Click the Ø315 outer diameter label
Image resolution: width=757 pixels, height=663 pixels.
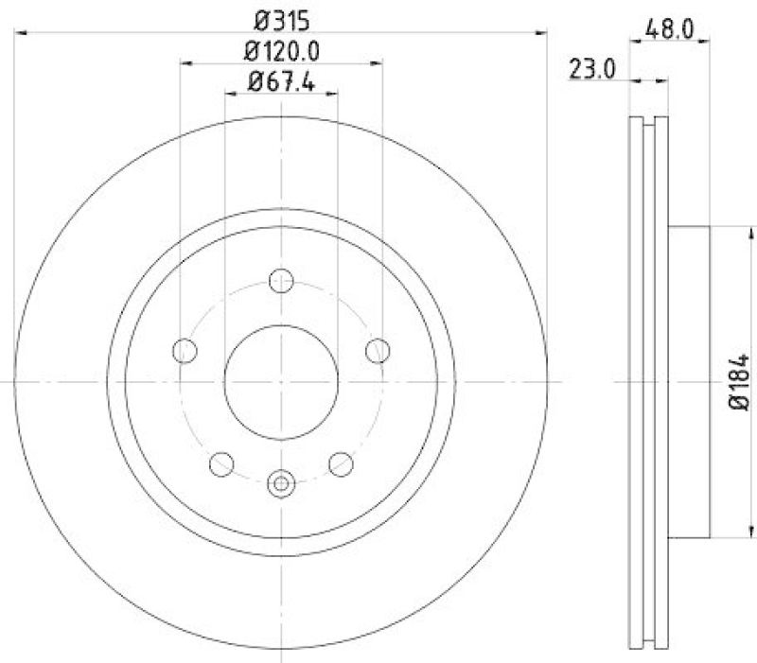281,18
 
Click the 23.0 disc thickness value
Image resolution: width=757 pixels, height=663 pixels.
593,68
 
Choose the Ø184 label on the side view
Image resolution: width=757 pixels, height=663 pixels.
740,381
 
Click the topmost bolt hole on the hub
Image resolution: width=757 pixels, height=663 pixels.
281,281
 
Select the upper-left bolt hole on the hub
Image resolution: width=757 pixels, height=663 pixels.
185,351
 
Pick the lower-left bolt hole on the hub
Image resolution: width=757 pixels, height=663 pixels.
221,463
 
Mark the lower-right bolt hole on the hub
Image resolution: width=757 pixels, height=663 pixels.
341,463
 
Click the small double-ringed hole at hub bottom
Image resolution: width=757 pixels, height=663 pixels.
281,483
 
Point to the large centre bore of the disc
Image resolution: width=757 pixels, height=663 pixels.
281,381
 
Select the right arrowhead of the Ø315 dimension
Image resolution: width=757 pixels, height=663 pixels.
541,33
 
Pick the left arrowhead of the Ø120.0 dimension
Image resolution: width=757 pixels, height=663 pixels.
185,64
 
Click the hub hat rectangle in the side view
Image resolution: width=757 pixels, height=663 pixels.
689,381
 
